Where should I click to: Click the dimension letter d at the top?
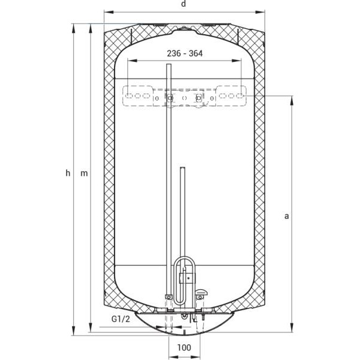(x=183, y=4)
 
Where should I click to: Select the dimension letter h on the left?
(x=68, y=173)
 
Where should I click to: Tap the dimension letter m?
(x=84, y=173)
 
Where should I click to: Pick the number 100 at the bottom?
(x=184, y=347)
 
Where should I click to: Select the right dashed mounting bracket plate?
(x=231, y=96)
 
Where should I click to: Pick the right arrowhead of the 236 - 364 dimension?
(x=241, y=61)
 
